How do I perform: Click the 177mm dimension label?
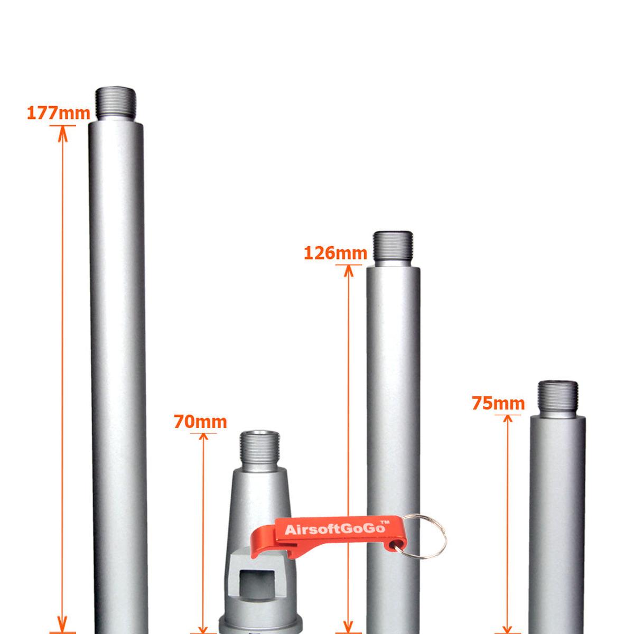click(58, 113)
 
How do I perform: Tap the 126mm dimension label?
click(335, 253)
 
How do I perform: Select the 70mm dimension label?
click(200, 422)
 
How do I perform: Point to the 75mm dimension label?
click(498, 403)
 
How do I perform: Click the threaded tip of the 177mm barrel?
click(116, 104)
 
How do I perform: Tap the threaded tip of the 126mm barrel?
click(393, 247)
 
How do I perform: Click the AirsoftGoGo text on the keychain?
click(335, 529)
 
